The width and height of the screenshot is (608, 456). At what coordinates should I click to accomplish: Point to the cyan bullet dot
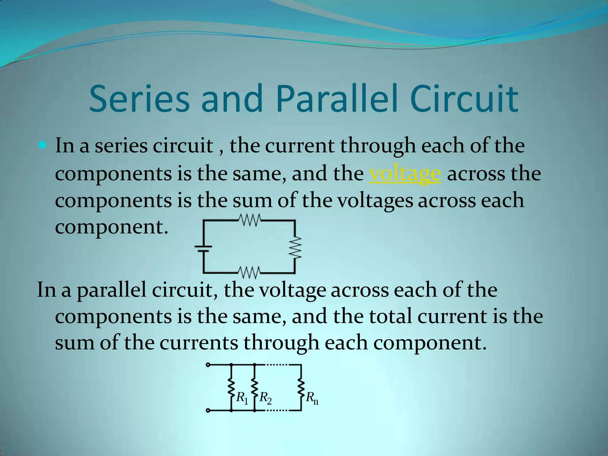(x=43, y=145)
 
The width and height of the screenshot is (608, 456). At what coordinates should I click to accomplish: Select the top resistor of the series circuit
(x=250, y=220)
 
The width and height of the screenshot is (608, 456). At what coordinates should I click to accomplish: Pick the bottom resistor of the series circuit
(x=250, y=273)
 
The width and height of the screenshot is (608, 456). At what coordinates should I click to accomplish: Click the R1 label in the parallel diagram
(x=242, y=398)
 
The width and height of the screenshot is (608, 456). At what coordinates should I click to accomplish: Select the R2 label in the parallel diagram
(x=265, y=398)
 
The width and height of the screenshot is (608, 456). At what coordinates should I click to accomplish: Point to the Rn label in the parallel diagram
(x=312, y=398)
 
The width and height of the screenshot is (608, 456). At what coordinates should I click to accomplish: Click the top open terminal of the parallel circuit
(x=208, y=365)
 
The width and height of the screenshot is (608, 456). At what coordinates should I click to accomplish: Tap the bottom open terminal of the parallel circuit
(x=208, y=411)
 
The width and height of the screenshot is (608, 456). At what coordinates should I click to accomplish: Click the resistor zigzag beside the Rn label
(x=301, y=388)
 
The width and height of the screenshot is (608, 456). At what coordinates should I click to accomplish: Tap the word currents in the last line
(x=199, y=343)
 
